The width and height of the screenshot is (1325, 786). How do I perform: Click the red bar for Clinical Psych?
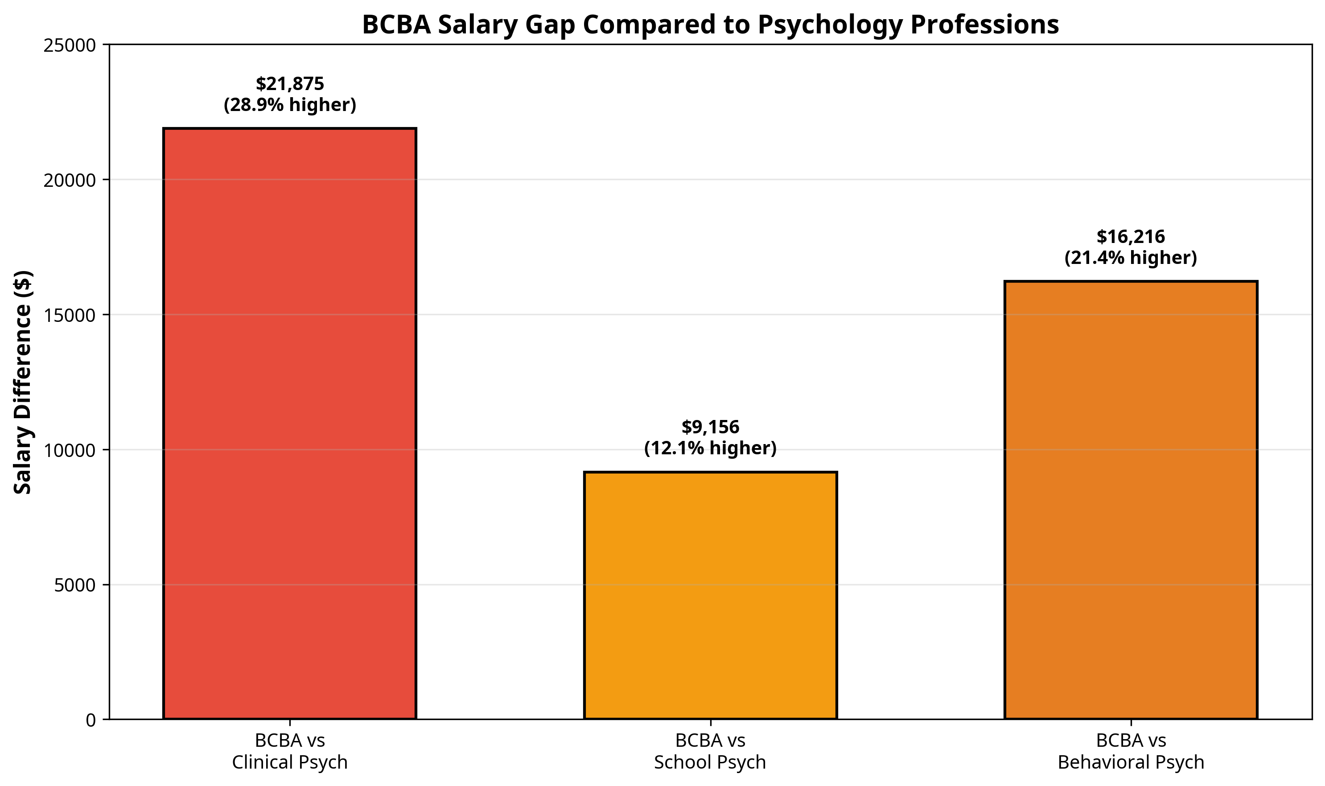click(x=290, y=424)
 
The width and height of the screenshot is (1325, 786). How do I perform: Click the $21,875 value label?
click(x=290, y=84)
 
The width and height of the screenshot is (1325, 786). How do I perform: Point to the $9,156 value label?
click(x=710, y=427)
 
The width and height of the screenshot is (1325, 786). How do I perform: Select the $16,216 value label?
click(x=1131, y=237)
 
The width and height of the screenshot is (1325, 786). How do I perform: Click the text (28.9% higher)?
click(x=290, y=105)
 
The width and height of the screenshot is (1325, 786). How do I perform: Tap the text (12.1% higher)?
click(x=710, y=448)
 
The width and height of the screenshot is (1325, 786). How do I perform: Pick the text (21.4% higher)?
click(x=1131, y=258)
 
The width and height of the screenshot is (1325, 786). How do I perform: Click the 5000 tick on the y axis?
click(x=74, y=585)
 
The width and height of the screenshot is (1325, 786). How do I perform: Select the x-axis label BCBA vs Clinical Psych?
click(x=290, y=751)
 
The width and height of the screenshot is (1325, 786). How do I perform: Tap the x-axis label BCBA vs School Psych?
click(x=710, y=751)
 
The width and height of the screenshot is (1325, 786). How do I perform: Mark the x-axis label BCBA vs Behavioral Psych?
click(x=1131, y=751)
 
